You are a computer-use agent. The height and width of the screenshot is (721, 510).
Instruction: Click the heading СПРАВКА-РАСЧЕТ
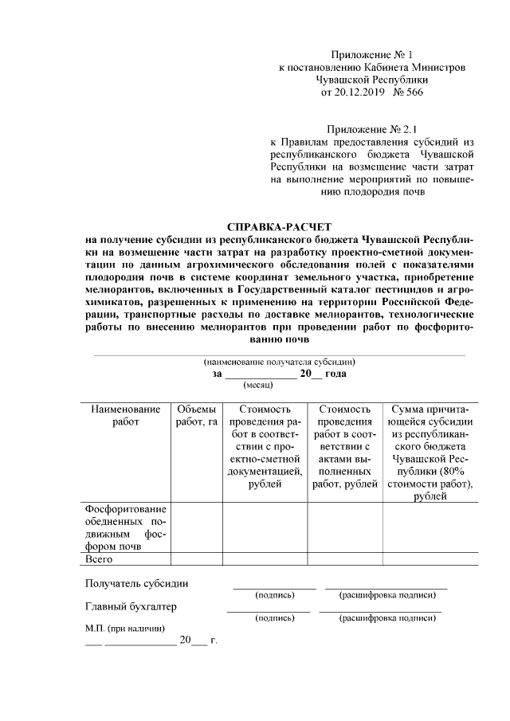pos(279,227)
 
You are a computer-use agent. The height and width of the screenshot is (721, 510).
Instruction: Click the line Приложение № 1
pos(372,55)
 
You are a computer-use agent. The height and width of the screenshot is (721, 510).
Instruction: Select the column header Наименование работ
pos(120,415)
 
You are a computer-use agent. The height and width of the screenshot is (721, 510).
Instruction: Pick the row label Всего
pos(100,559)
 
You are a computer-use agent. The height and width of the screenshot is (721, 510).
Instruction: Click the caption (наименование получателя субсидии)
pos(279,361)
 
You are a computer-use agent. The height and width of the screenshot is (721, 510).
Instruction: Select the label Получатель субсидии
pos(137,583)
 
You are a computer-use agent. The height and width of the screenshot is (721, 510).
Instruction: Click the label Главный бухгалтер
pos(131,606)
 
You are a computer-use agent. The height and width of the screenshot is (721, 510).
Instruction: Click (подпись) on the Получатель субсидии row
pos(275,594)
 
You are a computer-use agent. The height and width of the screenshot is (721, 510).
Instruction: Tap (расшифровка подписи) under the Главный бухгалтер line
pos(381,617)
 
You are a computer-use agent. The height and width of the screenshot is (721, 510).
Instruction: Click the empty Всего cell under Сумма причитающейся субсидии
pos(430,559)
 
